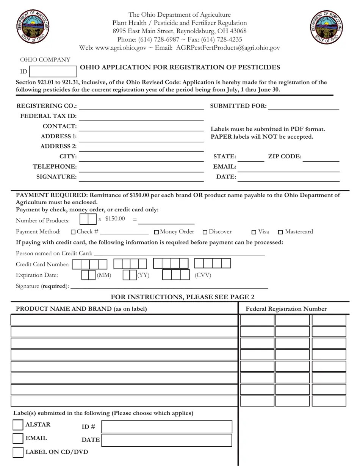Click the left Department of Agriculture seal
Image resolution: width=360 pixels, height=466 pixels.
(33, 27)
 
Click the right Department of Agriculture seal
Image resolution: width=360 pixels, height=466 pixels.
(327, 27)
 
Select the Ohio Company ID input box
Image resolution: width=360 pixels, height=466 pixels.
(53, 72)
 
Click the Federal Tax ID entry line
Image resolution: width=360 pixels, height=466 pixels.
(141, 116)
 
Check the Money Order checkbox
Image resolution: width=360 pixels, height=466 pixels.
(157, 232)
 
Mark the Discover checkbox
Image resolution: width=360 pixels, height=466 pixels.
(205, 232)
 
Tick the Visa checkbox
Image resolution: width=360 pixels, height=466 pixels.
(254, 232)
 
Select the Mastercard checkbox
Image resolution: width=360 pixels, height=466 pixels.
(281, 232)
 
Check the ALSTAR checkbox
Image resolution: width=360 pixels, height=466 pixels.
(18, 425)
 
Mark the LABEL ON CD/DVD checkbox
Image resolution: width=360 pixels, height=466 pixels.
(18, 452)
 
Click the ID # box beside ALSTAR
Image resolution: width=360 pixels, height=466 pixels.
(167, 427)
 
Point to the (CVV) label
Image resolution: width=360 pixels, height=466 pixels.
(203, 275)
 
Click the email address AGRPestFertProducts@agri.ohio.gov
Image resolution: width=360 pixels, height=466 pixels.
(228, 48)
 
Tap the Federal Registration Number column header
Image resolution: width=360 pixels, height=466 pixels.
(286, 309)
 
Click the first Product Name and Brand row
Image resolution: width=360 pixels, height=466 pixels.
(124, 320)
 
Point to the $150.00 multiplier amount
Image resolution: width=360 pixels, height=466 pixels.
(115, 219)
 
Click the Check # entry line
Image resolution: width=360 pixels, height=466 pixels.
(124, 232)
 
